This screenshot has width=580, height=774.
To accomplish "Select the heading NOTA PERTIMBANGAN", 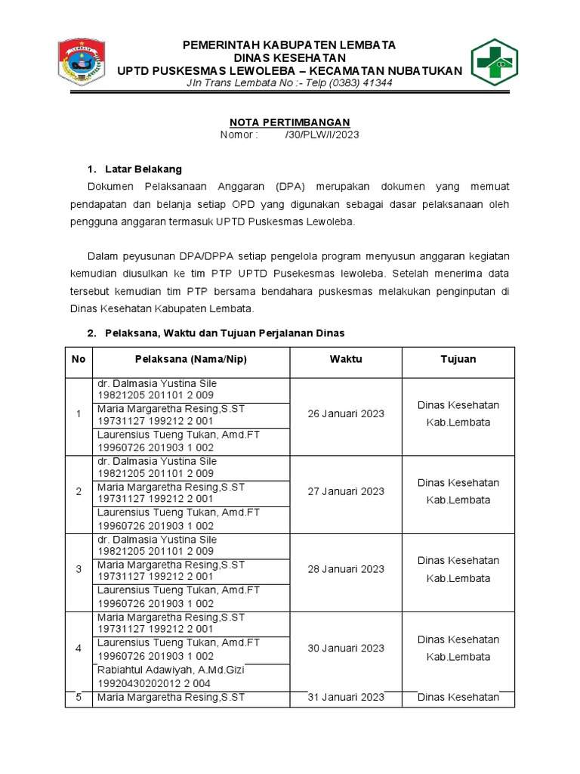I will (x=289, y=122).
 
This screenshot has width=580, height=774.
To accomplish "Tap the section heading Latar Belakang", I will (x=144, y=169).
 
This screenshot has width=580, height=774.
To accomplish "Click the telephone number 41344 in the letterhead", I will (x=378, y=82).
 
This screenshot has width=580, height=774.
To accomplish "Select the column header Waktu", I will (x=346, y=359).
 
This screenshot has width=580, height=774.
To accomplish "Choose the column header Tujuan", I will (x=458, y=359).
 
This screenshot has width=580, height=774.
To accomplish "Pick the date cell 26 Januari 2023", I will (x=346, y=413).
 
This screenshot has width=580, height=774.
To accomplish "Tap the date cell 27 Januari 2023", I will (x=346, y=491).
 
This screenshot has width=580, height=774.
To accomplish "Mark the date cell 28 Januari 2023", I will (x=346, y=569).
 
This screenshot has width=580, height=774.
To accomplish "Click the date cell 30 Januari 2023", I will (x=346, y=648).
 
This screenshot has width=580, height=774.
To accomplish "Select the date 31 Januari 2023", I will (x=346, y=697).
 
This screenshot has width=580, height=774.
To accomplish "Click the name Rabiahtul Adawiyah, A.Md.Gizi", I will (x=171, y=670).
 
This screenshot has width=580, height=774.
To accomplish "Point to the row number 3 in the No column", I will (x=79, y=569).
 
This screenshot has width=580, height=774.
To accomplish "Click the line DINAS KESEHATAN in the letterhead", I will (x=289, y=57).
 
